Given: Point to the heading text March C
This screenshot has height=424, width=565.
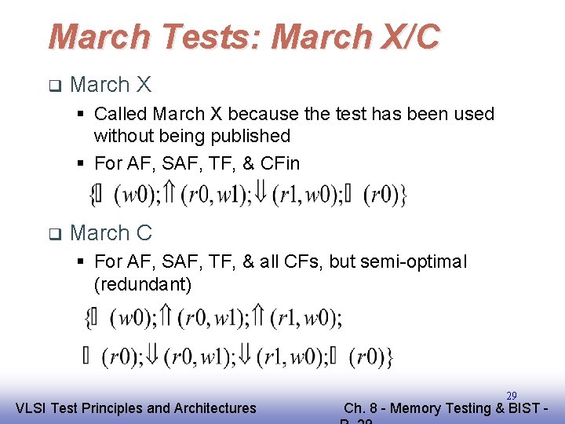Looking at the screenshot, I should pyautogui.click(x=111, y=233).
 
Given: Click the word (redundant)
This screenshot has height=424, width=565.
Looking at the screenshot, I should pyautogui.click(x=143, y=283).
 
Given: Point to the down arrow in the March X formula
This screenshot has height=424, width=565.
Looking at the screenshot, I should pyautogui.click(x=261, y=194).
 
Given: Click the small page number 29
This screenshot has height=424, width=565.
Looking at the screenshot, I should pyautogui.click(x=511, y=396).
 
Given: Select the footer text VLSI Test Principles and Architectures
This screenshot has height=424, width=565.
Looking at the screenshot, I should pyautogui.click(x=136, y=408).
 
